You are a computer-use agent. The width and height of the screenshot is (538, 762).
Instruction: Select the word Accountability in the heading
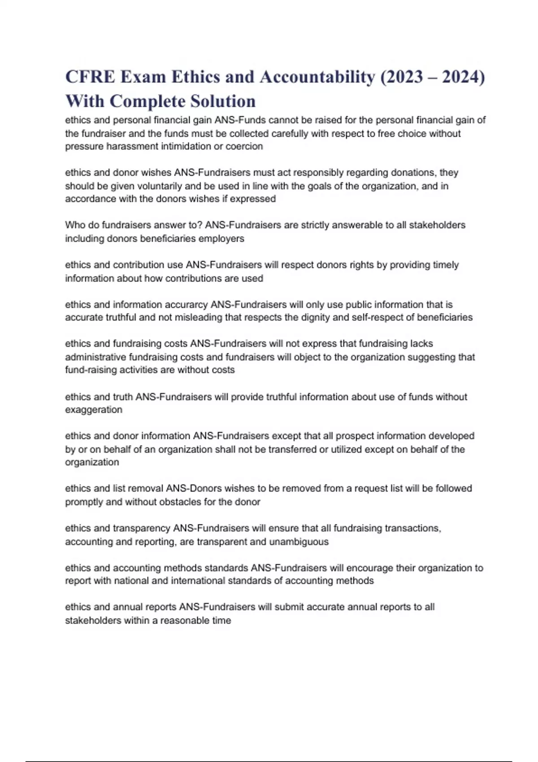tap(317, 77)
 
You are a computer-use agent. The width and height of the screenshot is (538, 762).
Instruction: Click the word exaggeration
tap(94, 410)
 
